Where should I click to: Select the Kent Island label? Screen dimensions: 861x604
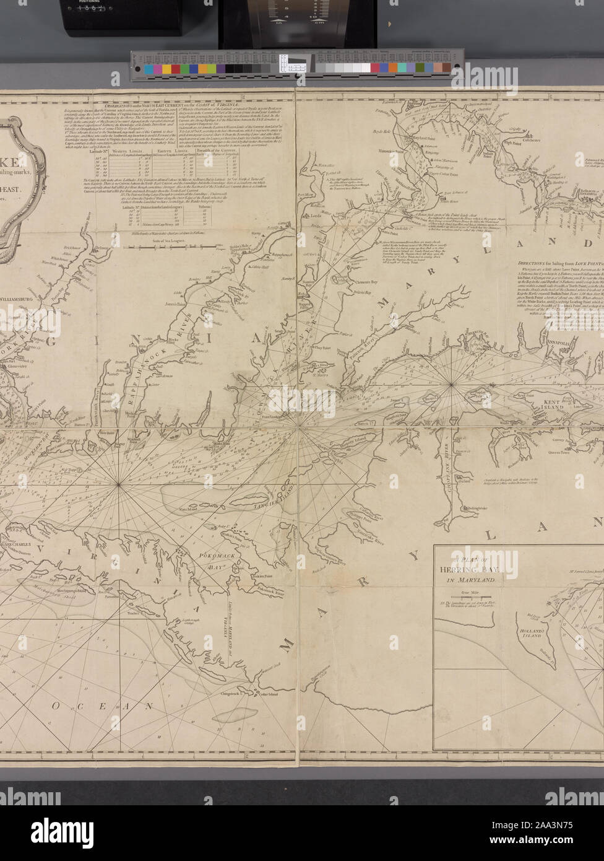551,404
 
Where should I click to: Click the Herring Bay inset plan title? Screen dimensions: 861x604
475,569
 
